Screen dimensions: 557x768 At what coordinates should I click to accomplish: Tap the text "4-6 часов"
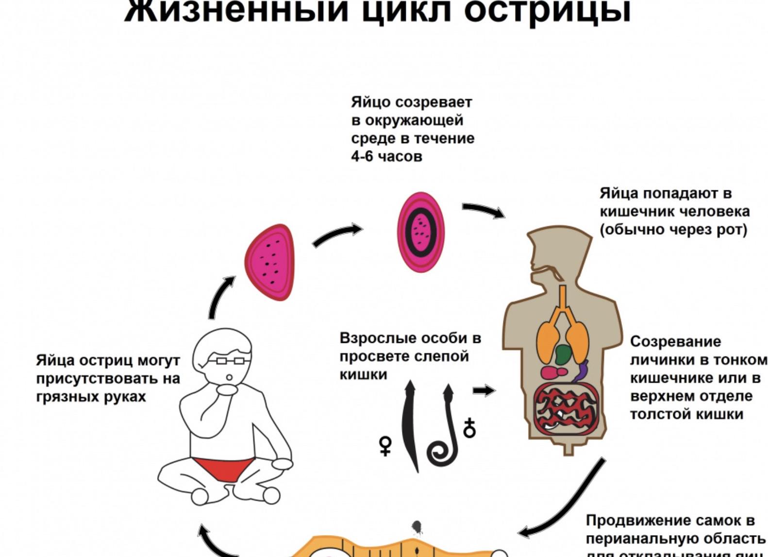(x=386, y=157)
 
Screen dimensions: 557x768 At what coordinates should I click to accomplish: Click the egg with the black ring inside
(x=420, y=232)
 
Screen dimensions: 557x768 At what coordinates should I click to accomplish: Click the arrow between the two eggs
(x=337, y=235)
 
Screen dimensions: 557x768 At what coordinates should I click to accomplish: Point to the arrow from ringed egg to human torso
(x=483, y=210)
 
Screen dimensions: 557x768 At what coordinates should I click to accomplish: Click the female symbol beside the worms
(x=385, y=445)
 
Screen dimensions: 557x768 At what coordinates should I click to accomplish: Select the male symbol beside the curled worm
(x=469, y=427)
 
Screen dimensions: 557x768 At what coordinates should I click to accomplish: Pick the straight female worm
(x=411, y=427)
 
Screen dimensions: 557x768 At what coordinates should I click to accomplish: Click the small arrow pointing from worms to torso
(x=483, y=390)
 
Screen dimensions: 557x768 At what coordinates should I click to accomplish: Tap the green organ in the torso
(x=563, y=355)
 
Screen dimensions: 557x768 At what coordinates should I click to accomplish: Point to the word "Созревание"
(x=668, y=341)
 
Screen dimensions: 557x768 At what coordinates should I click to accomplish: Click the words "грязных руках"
(x=91, y=397)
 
